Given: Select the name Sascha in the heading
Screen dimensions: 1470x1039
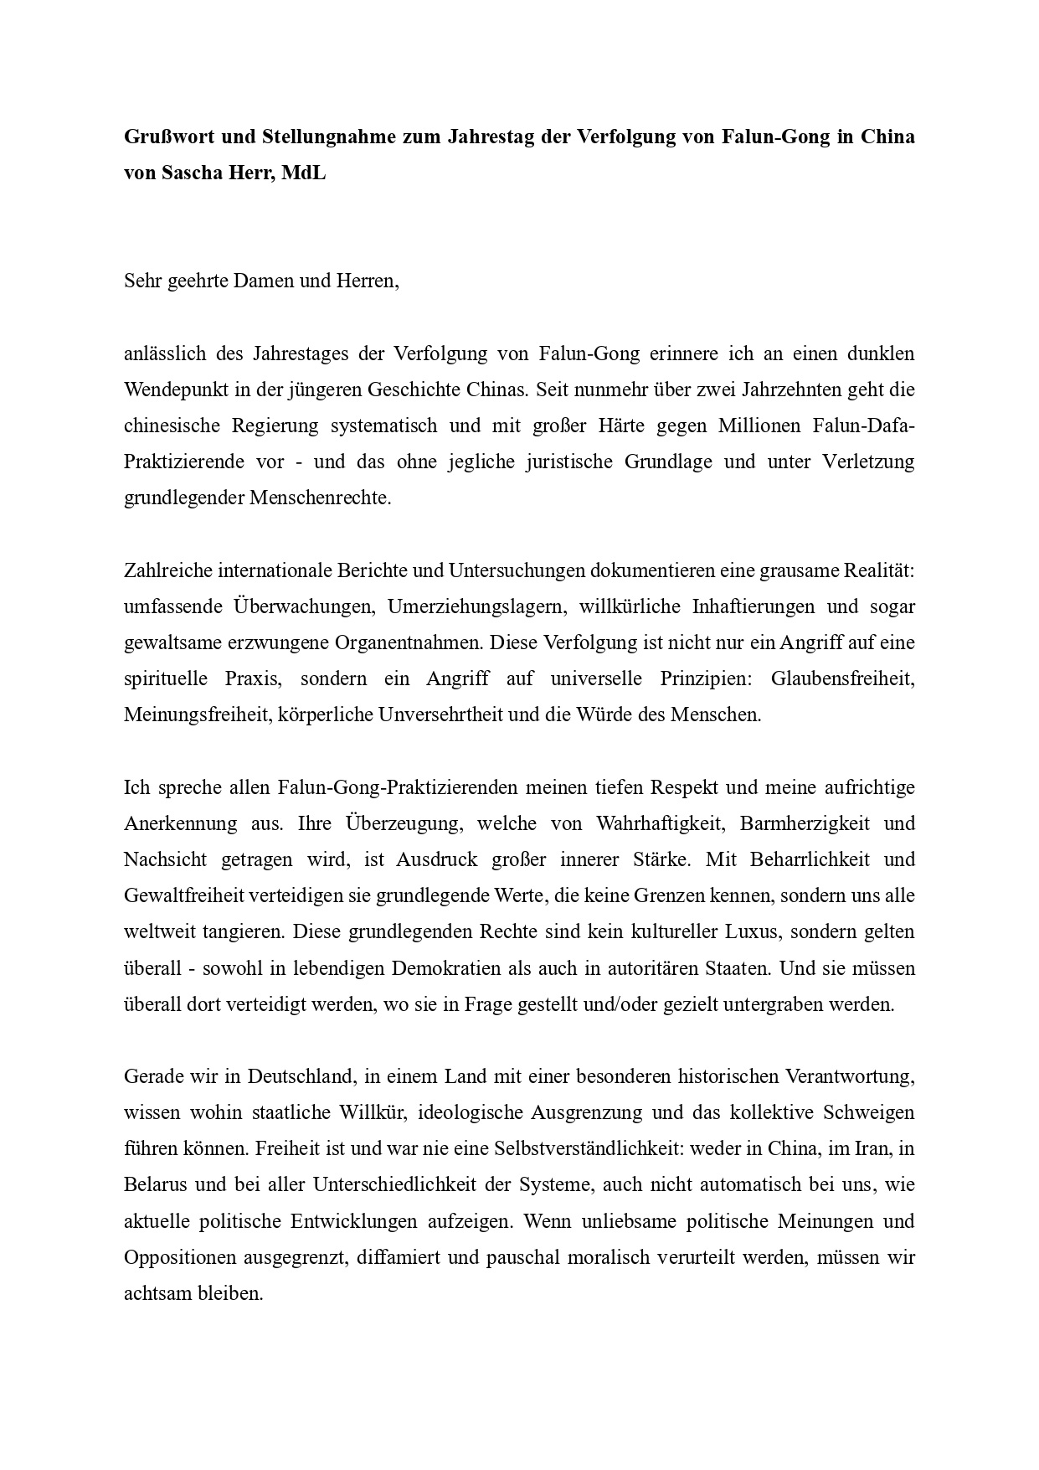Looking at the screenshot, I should pos(192,173).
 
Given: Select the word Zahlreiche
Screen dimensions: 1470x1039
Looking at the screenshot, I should pos(167,570).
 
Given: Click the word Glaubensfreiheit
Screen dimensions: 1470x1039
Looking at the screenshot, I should pos(842,678).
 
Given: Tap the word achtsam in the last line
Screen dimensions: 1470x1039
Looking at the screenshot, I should pos(154,1293).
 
